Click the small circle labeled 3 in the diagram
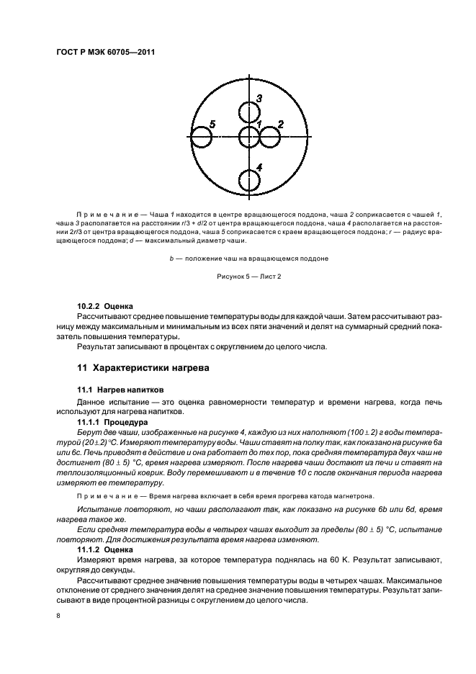point(249,113)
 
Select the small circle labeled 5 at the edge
point(202,138)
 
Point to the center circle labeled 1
point(249,138)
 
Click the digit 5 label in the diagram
point(212,124)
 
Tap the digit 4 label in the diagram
point(259,167)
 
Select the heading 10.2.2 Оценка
point(104,306)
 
